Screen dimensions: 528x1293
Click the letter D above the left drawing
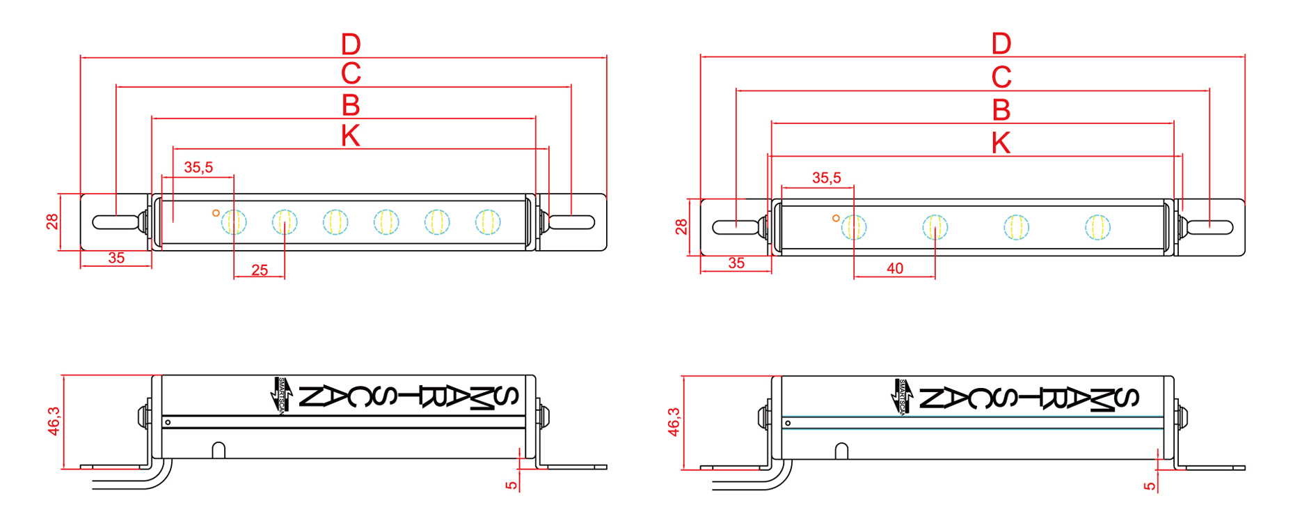click(x=351, y=45)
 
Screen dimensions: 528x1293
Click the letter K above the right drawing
click(x=1001, y=143)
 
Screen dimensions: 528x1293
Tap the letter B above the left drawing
click(x=351, y=106)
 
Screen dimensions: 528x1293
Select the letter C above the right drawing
click(x=1001, y=77)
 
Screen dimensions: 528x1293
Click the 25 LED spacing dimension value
click(x=260, y=270)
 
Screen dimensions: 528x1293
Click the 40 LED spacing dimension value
click(x=895, y=269)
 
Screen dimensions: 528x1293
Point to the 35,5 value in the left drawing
click(x=198, y=168)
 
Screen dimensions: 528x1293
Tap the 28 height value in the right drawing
click(x=681, y=227)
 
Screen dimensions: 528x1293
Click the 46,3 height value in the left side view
click(x=54, y=421)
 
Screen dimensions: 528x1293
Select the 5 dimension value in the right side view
click(x=1150, y=486)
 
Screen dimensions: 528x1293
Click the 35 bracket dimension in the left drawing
click(x=116, y=258)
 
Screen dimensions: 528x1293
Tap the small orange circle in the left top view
click(x=216, y=213)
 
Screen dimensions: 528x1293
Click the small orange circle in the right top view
click(x=836, y=218)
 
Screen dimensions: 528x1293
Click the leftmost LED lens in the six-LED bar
click(x=234, y=222)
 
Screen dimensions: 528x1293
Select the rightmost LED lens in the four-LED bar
click(x=1097, y=227)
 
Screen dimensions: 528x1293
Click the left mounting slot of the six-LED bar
click(x=115, y=222)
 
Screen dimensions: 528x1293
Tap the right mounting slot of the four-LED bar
click(x=1210, y=227)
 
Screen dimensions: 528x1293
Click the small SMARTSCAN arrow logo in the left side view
click(x=280, y=395)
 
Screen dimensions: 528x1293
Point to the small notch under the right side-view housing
click(x=841, y=451)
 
